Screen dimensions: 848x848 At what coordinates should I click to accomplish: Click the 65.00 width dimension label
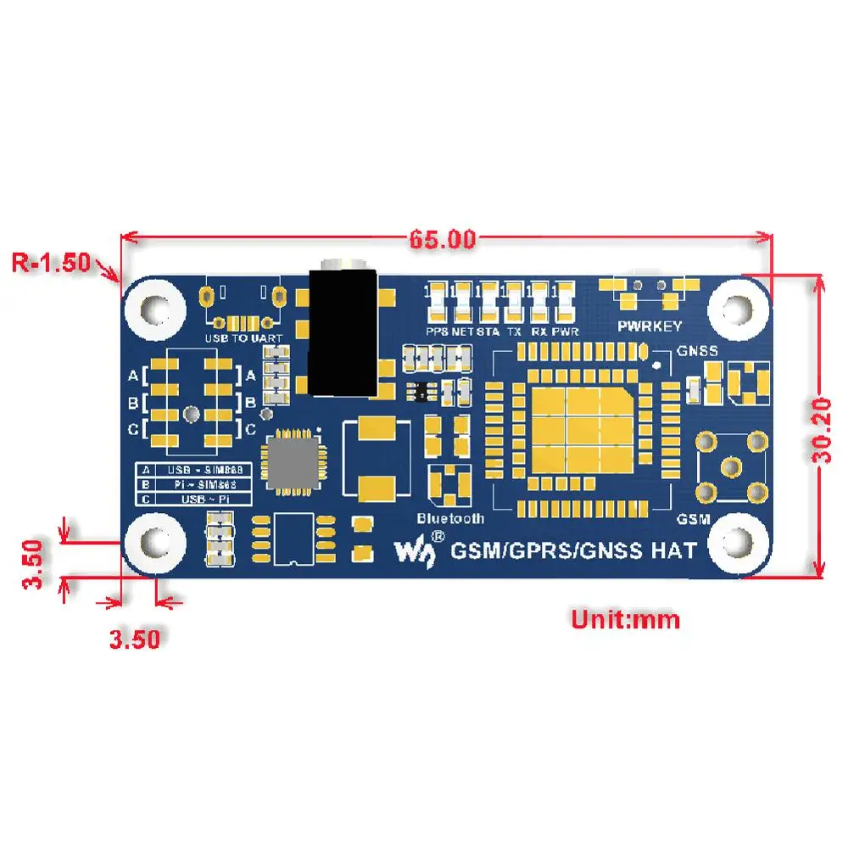point(443,240)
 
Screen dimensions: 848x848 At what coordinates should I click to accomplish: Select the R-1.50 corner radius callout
point(51,262)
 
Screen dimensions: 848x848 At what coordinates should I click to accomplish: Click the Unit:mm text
point(625,620)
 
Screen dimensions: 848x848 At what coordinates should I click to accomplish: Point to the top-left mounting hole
point(155,305)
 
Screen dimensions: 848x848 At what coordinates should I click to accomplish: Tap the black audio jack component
point(341,332)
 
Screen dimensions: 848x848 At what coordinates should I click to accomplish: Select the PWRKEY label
point(650,326)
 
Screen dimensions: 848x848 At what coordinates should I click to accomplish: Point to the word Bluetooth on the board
point(450,518)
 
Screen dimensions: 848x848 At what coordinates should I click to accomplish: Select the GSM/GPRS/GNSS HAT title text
point(574,550)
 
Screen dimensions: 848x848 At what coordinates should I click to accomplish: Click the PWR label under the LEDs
point(566,332)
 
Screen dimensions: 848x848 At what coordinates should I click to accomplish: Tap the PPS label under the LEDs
point(438,332)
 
